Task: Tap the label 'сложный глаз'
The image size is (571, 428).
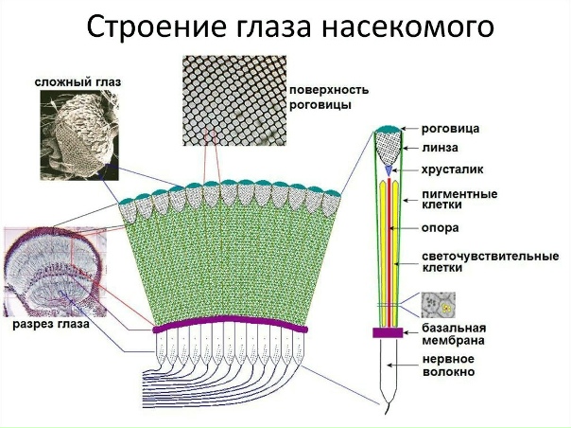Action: pos(72,81)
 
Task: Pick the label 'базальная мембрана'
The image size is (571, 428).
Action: pos(449,333)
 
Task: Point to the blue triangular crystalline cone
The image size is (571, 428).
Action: pos(388,169)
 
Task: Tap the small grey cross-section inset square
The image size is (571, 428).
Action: pos(439,305)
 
